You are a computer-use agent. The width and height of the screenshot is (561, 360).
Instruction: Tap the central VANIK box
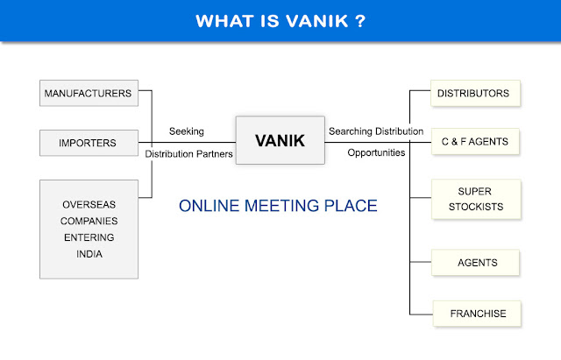tap(280, 141)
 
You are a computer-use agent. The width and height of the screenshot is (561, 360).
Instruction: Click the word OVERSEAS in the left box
tap(89, 204)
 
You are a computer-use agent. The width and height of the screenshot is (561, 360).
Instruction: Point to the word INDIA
tap(89, 254)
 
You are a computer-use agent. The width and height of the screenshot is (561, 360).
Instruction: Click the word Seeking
tap(187, 131)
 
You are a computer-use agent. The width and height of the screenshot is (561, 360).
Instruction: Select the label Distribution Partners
tap(188, 154)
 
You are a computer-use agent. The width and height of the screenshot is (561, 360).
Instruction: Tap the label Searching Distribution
tap(375, 131)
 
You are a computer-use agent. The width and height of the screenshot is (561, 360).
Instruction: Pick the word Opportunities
tap(376, 152)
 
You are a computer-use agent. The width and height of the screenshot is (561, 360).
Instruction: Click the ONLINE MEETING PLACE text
tap(277, 207)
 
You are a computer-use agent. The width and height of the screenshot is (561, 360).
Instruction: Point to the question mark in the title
tap(360, 19)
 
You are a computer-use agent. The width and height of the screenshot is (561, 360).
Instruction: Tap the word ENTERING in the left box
tap(89, 237)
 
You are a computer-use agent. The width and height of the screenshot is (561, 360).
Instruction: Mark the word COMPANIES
tap(89, 221)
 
